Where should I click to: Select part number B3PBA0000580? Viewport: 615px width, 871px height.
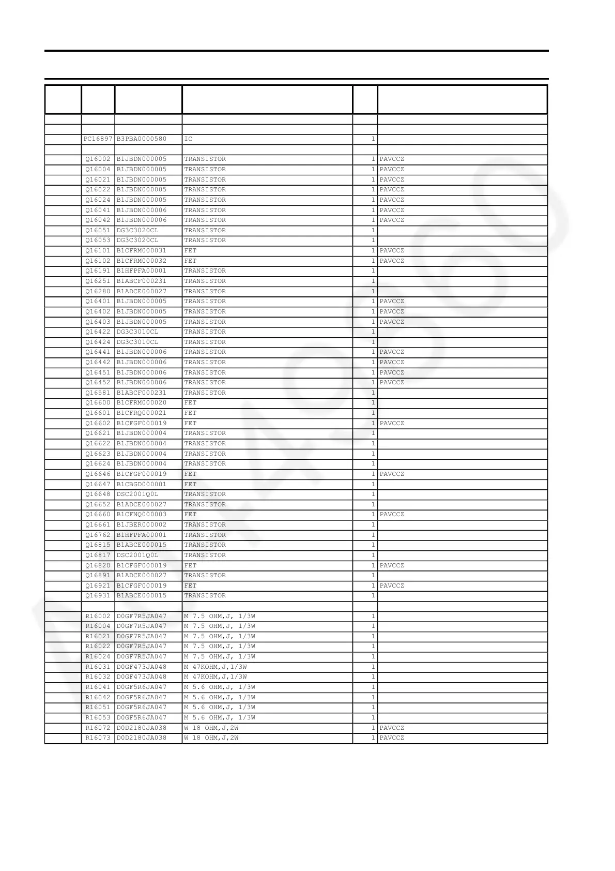pyautogui.click(x=142, y=139)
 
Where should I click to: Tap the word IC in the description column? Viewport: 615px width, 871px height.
pyautogui.click(x=188, y=139)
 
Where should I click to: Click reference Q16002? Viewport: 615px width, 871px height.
pyautogui.click(x=98, y=159)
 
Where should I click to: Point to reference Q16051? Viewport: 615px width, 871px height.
pyautogui.click(x=98, y=230)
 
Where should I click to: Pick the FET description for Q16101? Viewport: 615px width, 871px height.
pyautogui.click(x=190, y=251)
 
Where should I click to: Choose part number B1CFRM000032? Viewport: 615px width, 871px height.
pyautogui.click(x=142, y=261)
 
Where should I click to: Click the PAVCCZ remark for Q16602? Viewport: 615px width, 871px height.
pyautogui.click(x=392, y=423)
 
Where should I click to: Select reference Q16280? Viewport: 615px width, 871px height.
pyautogui.click(x=98, y=291)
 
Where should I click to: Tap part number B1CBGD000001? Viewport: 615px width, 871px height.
pyautogui.click(x=142, y=484)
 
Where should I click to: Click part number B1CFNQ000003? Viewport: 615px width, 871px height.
pyautogui.click(x=142, y=515)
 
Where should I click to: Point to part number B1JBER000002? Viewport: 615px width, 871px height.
pyautogui.click(x=142, y=524)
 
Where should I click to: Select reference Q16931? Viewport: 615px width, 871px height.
pyautogui.click(x=98, y=596)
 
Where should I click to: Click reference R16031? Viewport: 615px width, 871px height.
pyautogui.click(x=98, y=667)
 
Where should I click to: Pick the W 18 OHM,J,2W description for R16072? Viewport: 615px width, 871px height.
pyautogui.click(x=211, y=728)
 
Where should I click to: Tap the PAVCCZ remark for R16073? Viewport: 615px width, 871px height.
pyautogui.click(x=392, y=738)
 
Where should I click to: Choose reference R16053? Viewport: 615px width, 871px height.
pyautogui.click(x=98, y=717)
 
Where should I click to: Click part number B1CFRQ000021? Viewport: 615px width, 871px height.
pyautogui.click(x=142, y=413)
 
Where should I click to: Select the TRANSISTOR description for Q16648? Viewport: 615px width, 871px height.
pyautogui.click(x=205, y=494)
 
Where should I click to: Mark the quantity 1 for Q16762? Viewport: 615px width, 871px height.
pyautogui.click(x=373, y=535)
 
